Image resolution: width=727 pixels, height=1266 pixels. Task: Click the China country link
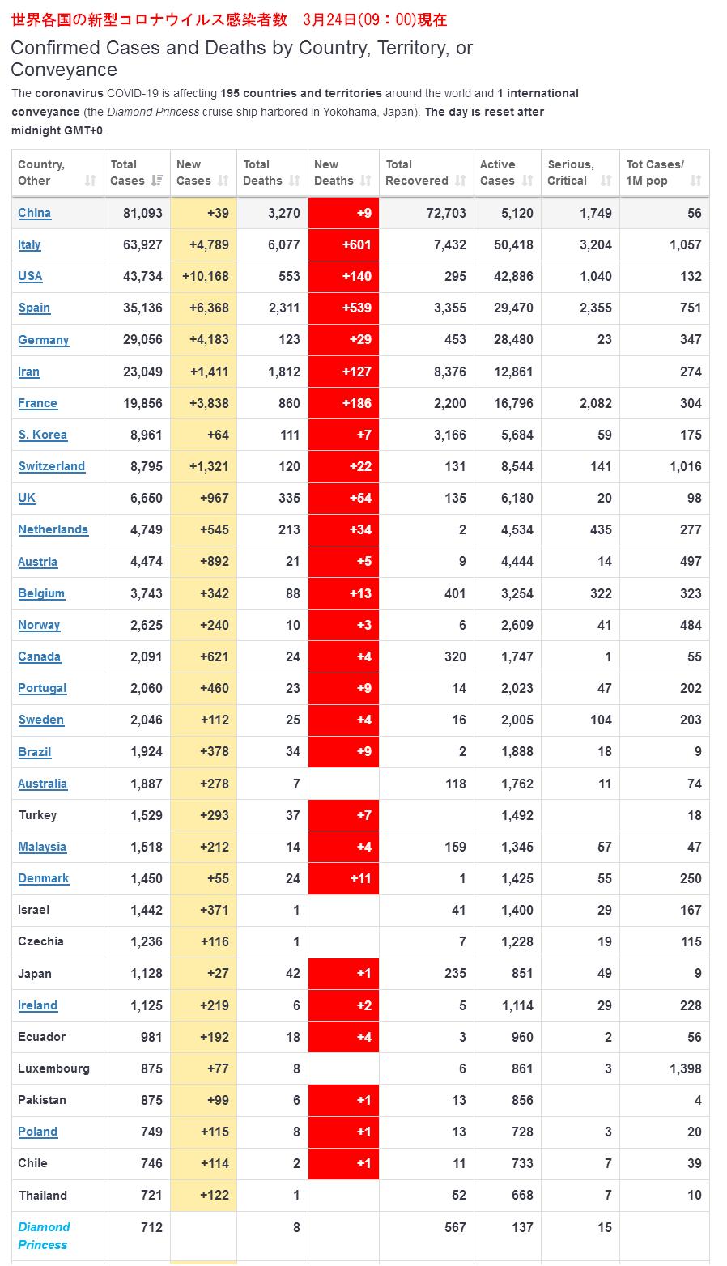34,213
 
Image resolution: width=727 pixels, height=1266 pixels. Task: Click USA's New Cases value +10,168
206,276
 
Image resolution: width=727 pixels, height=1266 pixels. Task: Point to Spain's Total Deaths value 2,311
284,308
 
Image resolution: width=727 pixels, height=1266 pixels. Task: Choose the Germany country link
43,340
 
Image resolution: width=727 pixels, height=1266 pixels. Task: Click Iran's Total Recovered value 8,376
449,372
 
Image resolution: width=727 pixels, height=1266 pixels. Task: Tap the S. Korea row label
42,435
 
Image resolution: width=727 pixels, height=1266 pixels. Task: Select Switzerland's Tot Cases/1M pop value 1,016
685,466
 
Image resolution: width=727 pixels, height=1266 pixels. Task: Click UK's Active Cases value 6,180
514,498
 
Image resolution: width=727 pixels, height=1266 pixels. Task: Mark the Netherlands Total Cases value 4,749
146,529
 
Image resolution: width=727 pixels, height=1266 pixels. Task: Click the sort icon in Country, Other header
90,181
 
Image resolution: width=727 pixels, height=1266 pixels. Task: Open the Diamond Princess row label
44,1235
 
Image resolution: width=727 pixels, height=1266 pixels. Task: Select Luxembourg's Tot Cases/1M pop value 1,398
685,1068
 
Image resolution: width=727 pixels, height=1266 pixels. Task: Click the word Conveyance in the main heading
64,70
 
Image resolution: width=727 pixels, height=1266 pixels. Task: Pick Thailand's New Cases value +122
214,1195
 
